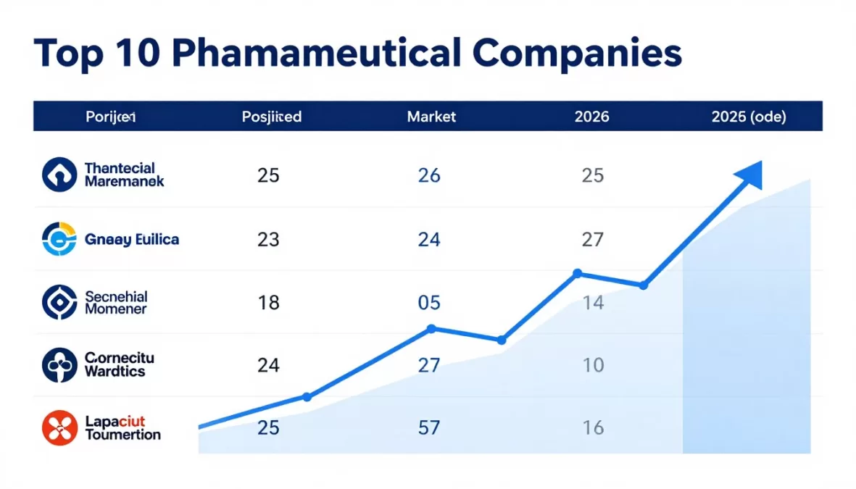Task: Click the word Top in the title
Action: tap(69, 55)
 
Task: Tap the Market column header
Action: tap(431, 117)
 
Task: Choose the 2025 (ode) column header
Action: tap(749, 117)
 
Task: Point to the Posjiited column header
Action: tap(272, 117)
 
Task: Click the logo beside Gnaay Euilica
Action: tap(59, 239)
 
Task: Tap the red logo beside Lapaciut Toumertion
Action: tap(59, 427)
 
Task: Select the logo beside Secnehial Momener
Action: tap(59, 302)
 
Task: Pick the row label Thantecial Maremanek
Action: tap(124, 175)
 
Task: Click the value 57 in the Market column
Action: tap(429, 428)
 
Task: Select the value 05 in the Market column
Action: tap(429, 303)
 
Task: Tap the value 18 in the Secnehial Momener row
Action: tap(268, 303)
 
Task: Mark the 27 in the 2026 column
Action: tap(593, 239)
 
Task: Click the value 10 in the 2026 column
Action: tap(593, 365)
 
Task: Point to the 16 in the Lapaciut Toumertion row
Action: tap(593, 428)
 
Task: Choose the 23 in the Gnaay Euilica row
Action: tap(268, 239)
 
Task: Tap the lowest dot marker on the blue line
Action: tap(307, 397)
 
